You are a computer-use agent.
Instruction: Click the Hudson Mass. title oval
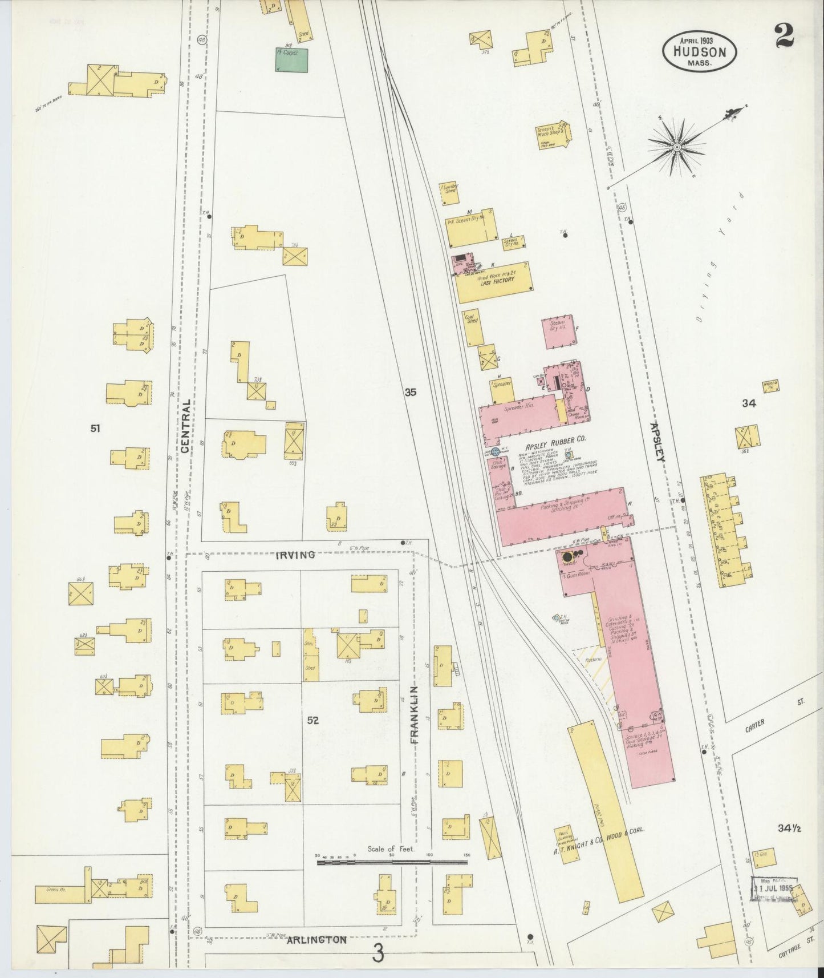(x=699, y=53)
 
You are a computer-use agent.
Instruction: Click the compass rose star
(x=677, y=147)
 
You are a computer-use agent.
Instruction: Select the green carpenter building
(x=291, y=60)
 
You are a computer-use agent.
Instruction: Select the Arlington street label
(x=317, y=939)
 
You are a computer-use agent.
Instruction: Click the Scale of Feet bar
(x=393, y=862)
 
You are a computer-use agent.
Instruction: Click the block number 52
(x=312, y=720)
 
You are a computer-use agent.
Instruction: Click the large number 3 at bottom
(x=378, y=953)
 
